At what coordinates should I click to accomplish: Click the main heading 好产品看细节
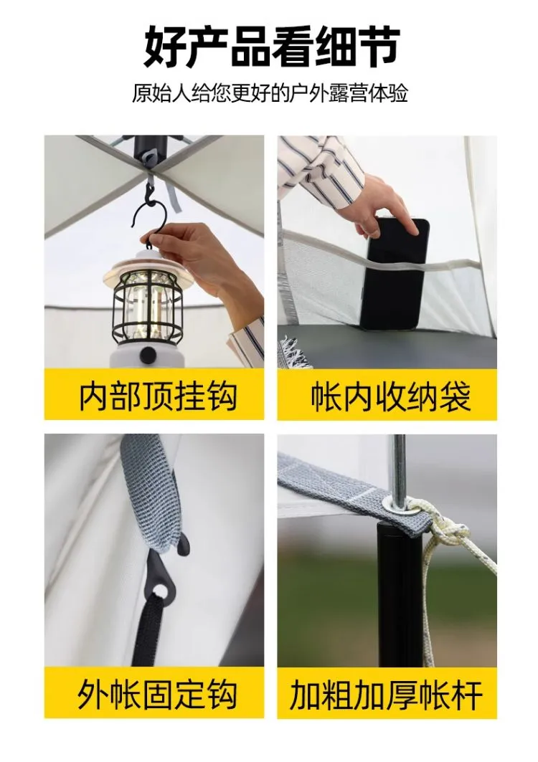pos(271,47)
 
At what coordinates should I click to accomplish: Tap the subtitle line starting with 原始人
pos(270,93)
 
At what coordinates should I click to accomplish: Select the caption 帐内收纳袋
pos(391,396)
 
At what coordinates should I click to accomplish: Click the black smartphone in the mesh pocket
pos(395,273)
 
